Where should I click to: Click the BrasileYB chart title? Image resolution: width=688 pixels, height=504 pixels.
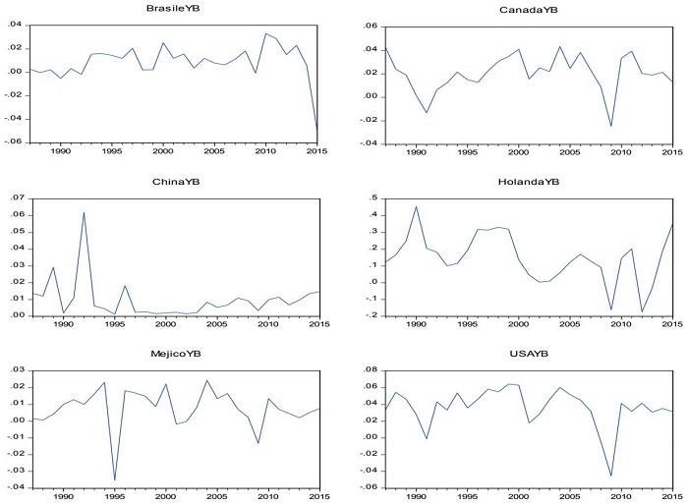170,9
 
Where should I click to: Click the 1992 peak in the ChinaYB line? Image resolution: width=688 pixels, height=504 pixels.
84,212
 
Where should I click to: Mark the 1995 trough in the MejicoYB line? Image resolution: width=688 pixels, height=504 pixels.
115,480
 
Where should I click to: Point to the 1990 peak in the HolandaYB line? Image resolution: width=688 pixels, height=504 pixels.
416,206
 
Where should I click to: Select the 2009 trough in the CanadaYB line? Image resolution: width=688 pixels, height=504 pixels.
610,126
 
